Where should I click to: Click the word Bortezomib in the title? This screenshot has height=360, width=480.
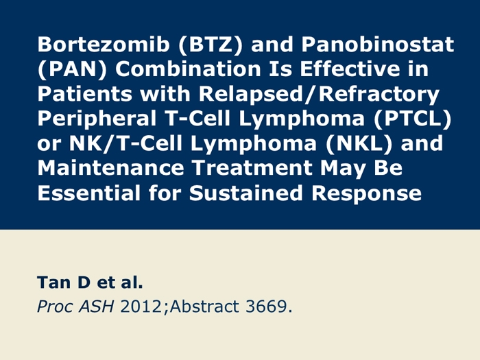[104, 45]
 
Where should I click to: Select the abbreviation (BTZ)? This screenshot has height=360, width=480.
[211, 45]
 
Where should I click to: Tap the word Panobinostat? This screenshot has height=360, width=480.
[378, 45]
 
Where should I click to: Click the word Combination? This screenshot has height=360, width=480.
[188, 69]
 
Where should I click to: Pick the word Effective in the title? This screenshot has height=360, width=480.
[350, 69]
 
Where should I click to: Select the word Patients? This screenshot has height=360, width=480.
[84, 94]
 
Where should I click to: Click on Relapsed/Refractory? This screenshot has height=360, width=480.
[319, 95]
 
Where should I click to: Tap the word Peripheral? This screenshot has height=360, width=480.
[97, 119]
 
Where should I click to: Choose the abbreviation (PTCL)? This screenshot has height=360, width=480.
[412, 119]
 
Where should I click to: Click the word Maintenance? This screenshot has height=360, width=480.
[110, 168]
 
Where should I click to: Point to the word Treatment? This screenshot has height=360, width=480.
[252, 168]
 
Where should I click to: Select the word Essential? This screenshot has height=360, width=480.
[88, 193]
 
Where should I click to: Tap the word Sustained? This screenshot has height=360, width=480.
[245, 193]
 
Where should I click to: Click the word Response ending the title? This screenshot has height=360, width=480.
[366, 194]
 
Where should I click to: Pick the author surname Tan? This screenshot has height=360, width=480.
[53, 283]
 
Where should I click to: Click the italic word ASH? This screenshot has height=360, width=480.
[96, 307]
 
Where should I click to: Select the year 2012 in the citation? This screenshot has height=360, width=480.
[141, 307]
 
